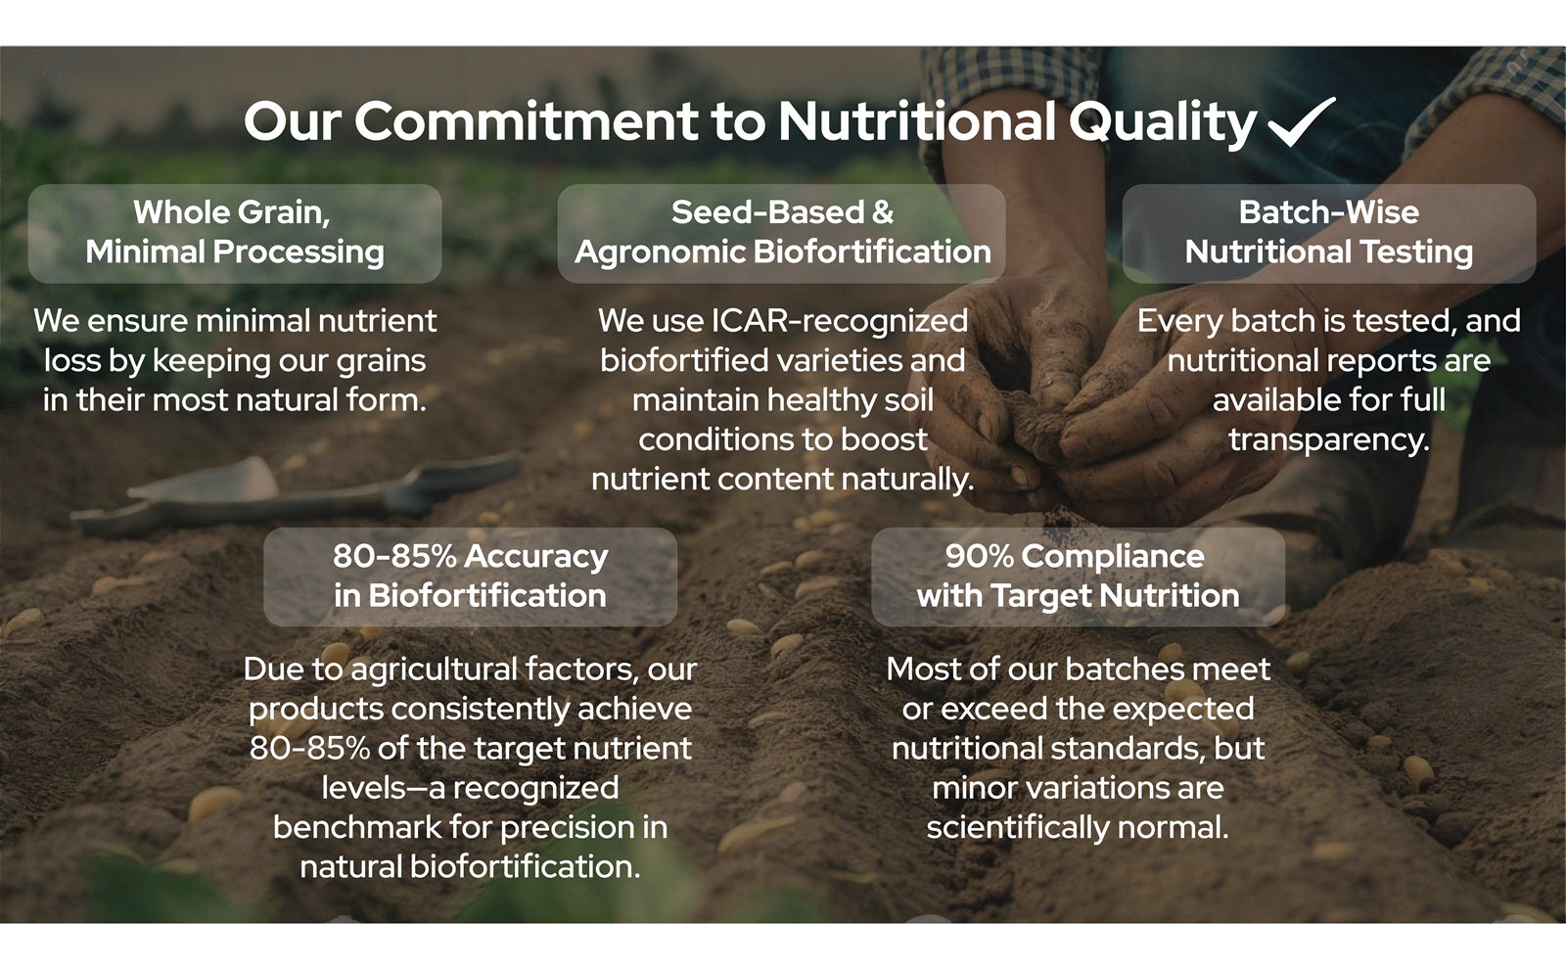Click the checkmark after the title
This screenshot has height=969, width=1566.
(1301, 122)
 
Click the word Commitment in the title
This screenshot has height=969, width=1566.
(526, 121)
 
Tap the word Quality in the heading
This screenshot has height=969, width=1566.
(1163, 123)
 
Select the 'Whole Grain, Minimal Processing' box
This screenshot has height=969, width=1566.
(235, 234)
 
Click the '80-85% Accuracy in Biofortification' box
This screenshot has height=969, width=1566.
(471, 577)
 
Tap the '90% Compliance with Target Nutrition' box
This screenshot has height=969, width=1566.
(1078, 577)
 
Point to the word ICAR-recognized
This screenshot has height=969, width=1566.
(840, 321)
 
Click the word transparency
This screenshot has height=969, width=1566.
(1329, 440)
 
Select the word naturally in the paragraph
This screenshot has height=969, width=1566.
(907, 480)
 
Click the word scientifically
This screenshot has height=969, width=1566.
(1018, 828)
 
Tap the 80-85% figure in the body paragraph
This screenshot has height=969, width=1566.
(309, 748)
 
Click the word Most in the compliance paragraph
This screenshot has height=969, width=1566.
(924, 669)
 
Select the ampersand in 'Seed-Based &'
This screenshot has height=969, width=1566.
(883, 212)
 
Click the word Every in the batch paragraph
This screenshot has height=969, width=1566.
(1179, 322)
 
